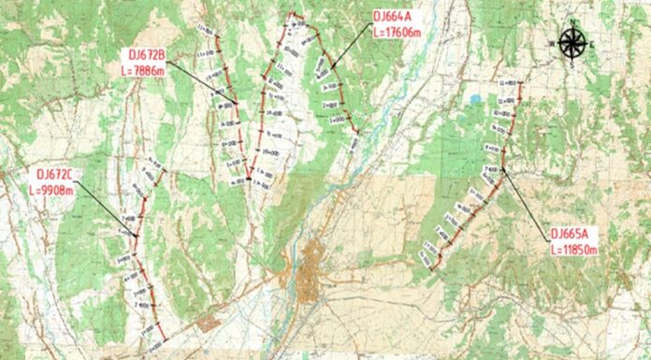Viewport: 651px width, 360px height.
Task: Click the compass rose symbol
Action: [572, 42]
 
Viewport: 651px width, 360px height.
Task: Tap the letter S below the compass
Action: [572, 64]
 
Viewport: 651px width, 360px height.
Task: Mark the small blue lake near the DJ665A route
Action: [475, 99]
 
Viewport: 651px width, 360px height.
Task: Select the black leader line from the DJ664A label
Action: [348, 50]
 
